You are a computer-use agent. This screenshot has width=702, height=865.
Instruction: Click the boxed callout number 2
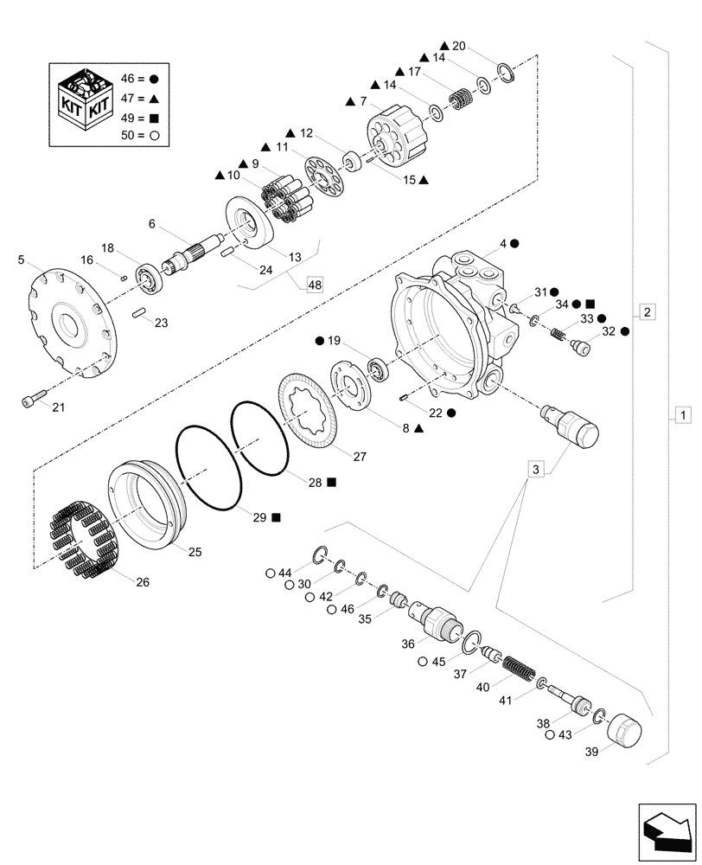(648, 310)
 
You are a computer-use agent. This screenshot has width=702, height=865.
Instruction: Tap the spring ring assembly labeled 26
(81, 542)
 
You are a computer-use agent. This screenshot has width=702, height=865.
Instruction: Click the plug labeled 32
(582, 349)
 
